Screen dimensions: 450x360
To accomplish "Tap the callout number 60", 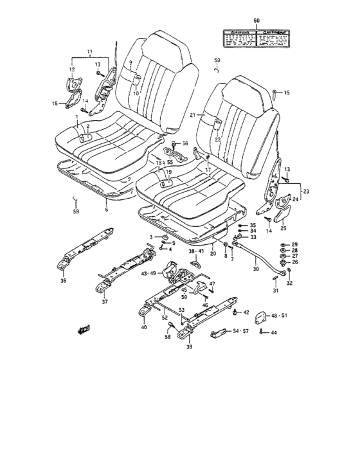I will tap(256, 22).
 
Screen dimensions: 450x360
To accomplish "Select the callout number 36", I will tap(62, 280).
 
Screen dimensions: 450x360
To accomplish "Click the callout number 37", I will tap(105, 302).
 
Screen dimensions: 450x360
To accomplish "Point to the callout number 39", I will tap(189, 347).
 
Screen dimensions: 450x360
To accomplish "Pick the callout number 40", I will tap(143, 327).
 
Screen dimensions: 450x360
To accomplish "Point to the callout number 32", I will tap(289, 283).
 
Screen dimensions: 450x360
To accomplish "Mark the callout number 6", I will tap(107, 209).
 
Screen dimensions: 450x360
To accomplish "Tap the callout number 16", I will tap(54, 103).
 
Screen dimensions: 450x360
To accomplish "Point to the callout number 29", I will tap(294, 245).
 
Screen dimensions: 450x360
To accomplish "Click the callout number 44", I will tap(273, 332).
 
